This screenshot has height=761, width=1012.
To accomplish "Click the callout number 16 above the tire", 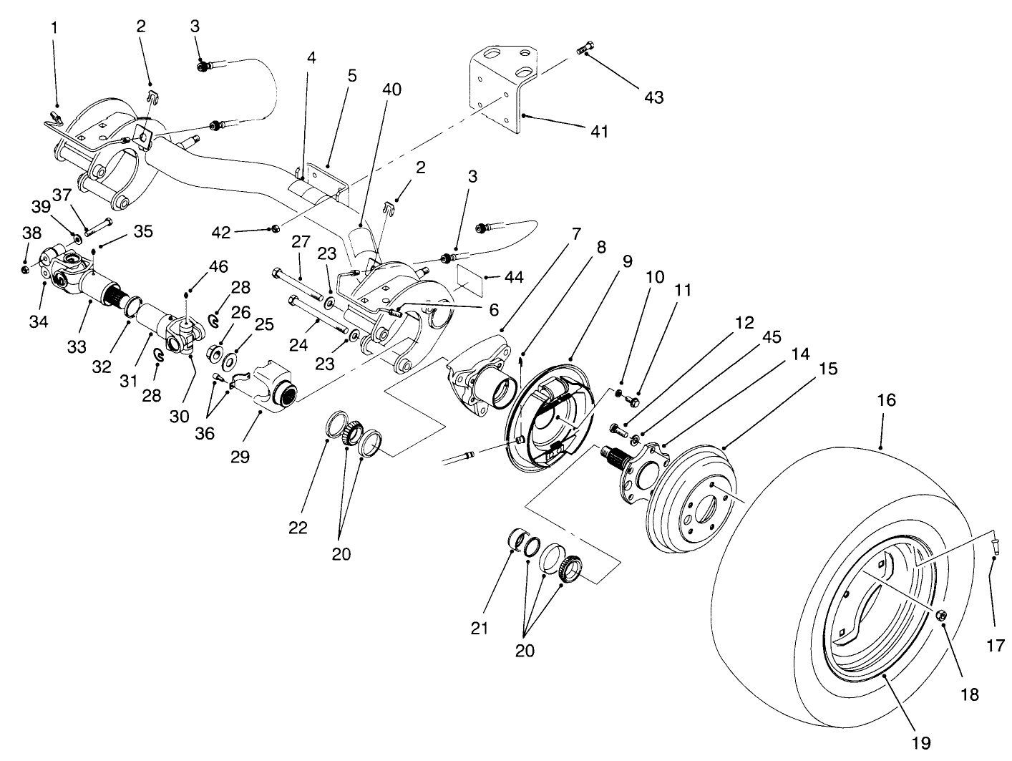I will [x=886, y=400].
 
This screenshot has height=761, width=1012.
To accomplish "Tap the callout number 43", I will [x=653, y=97].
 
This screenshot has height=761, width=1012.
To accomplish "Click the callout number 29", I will [x=240, y=456].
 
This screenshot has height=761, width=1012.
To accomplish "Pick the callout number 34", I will [x=39, y=321].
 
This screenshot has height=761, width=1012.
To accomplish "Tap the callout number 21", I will [x=479, y=628].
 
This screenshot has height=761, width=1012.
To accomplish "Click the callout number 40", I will [x=391, y=89].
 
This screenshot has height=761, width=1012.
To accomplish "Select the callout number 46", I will [x=218, y=267].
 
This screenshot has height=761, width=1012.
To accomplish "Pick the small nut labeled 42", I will [x=275, y=229].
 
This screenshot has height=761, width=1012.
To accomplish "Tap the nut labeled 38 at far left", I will [x=25, y=269].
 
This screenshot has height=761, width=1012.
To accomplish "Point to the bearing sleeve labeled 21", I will [x=517, y=538].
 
